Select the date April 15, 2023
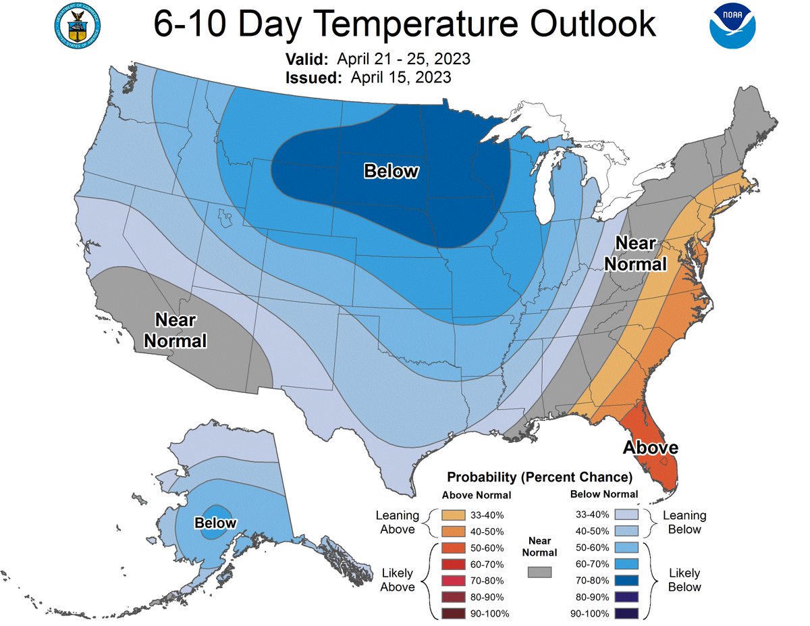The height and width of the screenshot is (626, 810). (x=401, y=78)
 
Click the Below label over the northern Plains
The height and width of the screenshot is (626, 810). (x=391, y=172)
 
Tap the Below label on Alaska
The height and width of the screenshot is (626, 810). (x=215, y=523)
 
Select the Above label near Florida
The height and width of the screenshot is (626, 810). (x=650, y=447)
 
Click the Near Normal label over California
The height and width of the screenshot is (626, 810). (x=175, y=330)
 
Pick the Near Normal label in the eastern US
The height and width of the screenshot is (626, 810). (x=635, y=253)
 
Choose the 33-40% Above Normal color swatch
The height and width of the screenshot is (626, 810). (x=454, y=515)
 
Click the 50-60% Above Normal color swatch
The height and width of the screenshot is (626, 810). (x=454, y=548)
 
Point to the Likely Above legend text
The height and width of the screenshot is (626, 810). (x=397, y=580)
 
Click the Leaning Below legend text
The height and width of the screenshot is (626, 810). (x=684, y=522)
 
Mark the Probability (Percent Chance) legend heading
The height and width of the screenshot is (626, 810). (x=539, y=477)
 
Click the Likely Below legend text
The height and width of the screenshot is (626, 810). (x=684, y=580)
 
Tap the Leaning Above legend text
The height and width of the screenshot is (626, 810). (x=397, y=522)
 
